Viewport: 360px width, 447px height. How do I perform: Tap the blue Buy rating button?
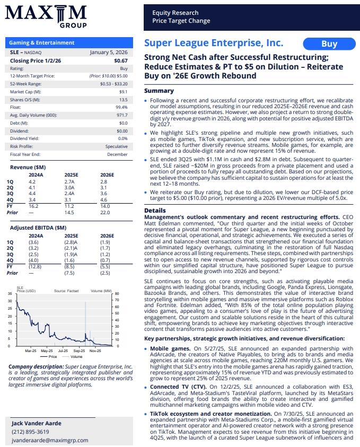[x=329, y=44]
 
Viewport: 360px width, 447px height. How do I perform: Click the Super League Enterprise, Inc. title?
[x=214, y=43]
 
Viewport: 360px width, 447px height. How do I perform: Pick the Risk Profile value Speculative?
[x=116, y=146]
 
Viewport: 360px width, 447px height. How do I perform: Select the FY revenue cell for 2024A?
[x=33, y=206]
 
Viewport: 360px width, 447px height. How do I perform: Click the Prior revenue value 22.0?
[x=104, y=213]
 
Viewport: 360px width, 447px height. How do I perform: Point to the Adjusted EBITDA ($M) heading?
[x=39, y=227]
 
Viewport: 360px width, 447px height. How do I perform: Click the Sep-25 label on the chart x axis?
[x=79, y=350]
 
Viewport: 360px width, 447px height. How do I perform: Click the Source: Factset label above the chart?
[x=66, y=291]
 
